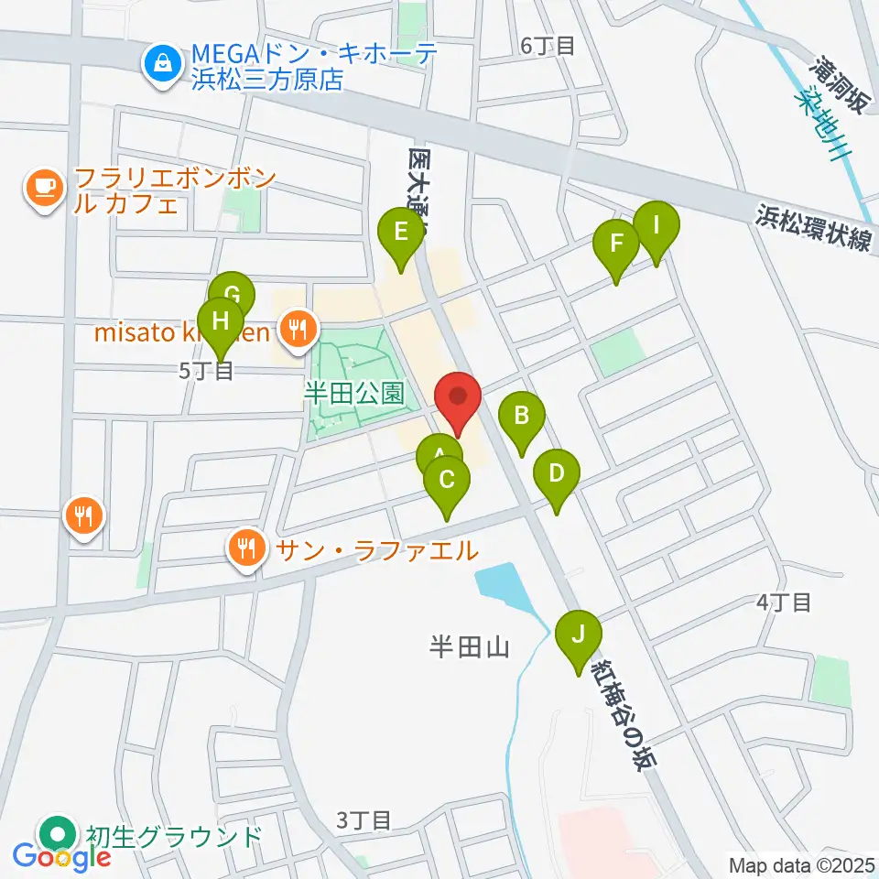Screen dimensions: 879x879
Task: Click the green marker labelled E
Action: click(401, 233)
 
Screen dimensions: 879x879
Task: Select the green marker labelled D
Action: click(557, 474)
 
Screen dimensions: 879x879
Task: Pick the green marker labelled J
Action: click(579, 634)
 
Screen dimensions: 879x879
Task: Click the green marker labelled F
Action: click(616, 244)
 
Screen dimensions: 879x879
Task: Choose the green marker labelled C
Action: click(447, 480)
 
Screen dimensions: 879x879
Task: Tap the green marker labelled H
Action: click(220, 321)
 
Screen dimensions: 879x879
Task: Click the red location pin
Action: click(457, 398)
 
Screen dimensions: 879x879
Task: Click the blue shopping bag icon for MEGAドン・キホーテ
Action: click(162, 63)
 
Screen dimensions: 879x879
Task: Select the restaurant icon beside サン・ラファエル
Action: click(246, 548)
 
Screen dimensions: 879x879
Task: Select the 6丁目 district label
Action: click(547, 45)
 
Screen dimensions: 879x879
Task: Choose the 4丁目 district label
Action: click(785, 602)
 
